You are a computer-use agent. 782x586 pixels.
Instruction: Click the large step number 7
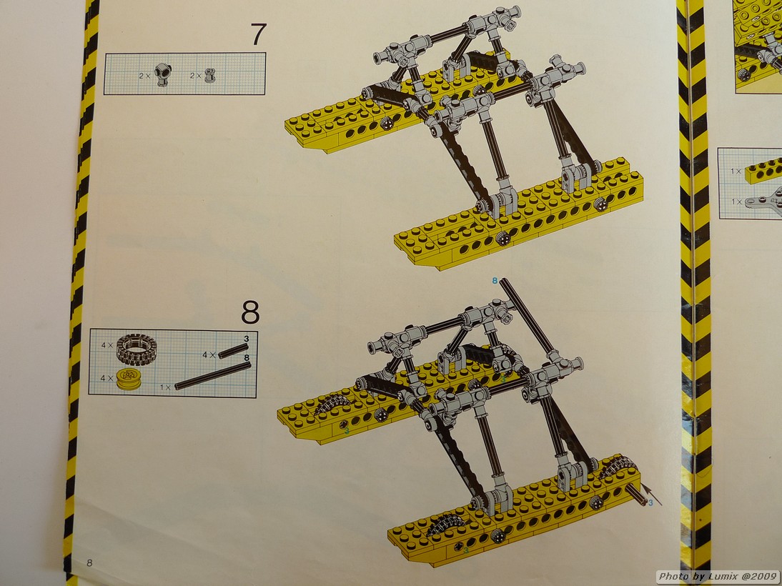pyautogui.click(x=258, y=35)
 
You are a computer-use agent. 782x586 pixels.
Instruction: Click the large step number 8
pyautogui.click(x=250, y=312)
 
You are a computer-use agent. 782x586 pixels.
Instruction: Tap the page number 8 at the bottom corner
pyautogui.click(x=89, y=563)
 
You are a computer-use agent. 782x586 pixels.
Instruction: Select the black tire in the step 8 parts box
pyautogui.click(x=136, y=349)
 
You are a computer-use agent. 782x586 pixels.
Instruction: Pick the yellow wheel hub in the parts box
pyautogui.click(x=128, y=379)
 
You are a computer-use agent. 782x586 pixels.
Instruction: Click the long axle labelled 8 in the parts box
pyautogui.click(x=213, y=375)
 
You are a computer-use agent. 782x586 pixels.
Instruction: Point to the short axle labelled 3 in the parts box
pyautogui.click(x=234, y=351)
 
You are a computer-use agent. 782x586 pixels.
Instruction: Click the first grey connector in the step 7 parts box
pyautogui.click(x=162, y=75)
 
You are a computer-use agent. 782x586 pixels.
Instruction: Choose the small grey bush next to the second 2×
pyautogui.click(x=209, y=75)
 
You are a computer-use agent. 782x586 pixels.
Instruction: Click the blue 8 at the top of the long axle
pyautogui.click(x=495, y=281)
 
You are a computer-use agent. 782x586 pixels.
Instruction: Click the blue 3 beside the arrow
pyautogui.click(x=650, y=503)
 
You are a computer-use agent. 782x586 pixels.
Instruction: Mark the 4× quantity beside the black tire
pyautogui.click(x=107, y=345)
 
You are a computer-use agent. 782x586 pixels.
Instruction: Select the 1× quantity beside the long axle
pyautogui.click(x=165, y=387)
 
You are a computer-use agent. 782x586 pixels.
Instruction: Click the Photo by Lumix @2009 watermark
pyautogui.click(x=718, y=577)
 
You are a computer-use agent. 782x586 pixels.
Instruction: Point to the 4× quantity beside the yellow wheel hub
pyautogui.click(x=107, y=378)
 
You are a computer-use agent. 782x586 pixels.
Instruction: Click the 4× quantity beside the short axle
pyautogui.click(x=209, y=355)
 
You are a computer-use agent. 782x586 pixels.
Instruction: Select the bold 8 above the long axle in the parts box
pyautogui.click(x=247, y=357)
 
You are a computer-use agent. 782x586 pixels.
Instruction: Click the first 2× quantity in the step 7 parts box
pyautogui.click(x=145, y=76)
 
